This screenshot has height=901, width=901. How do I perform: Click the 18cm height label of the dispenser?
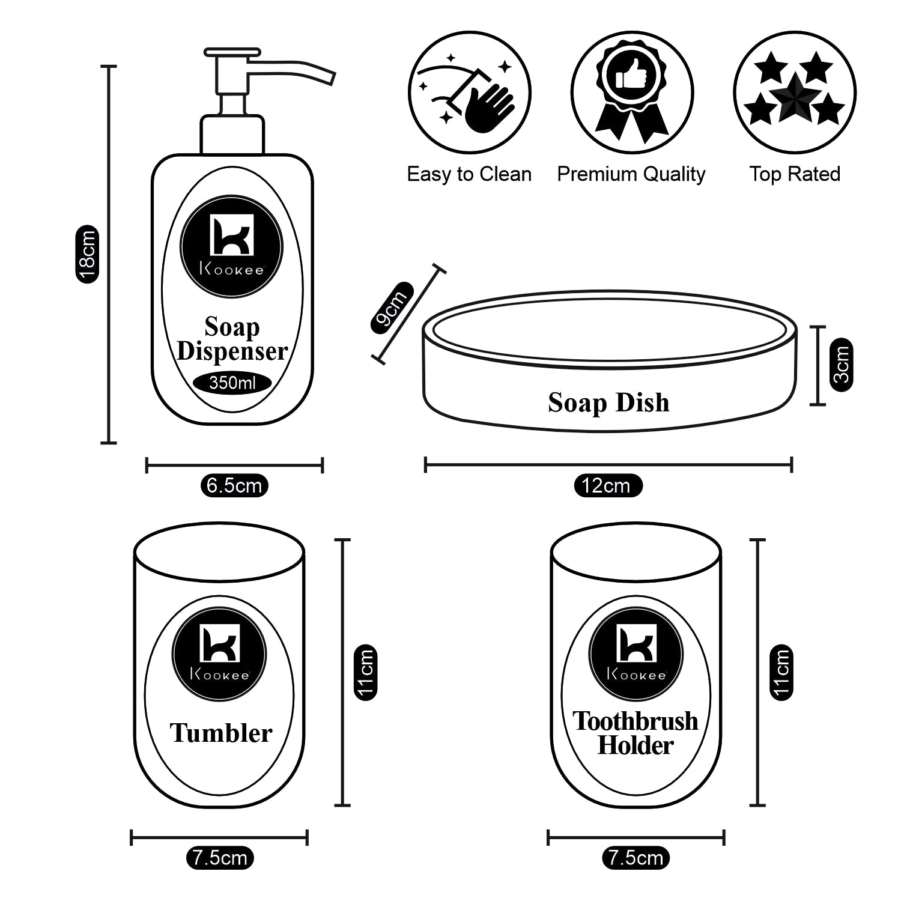(x=87, y=254)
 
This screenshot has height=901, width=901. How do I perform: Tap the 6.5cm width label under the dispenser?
(x=234, y=485)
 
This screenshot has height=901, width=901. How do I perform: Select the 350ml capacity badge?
(x=232, y=383)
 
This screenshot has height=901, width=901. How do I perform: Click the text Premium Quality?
(x=631, y=174)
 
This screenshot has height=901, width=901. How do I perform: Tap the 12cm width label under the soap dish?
(x=605, y=485)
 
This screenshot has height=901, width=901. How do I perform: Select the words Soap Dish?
(x=608, y=402)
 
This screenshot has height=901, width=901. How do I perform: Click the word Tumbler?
(x=220, y=733)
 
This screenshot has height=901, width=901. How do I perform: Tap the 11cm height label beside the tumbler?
(x=365, y=672)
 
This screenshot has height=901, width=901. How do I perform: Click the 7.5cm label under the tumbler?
(x=220, y=857)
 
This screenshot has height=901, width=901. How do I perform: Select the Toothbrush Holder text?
(x=635, y=733)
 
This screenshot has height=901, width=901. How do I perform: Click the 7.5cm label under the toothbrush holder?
(x=636, y=857)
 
